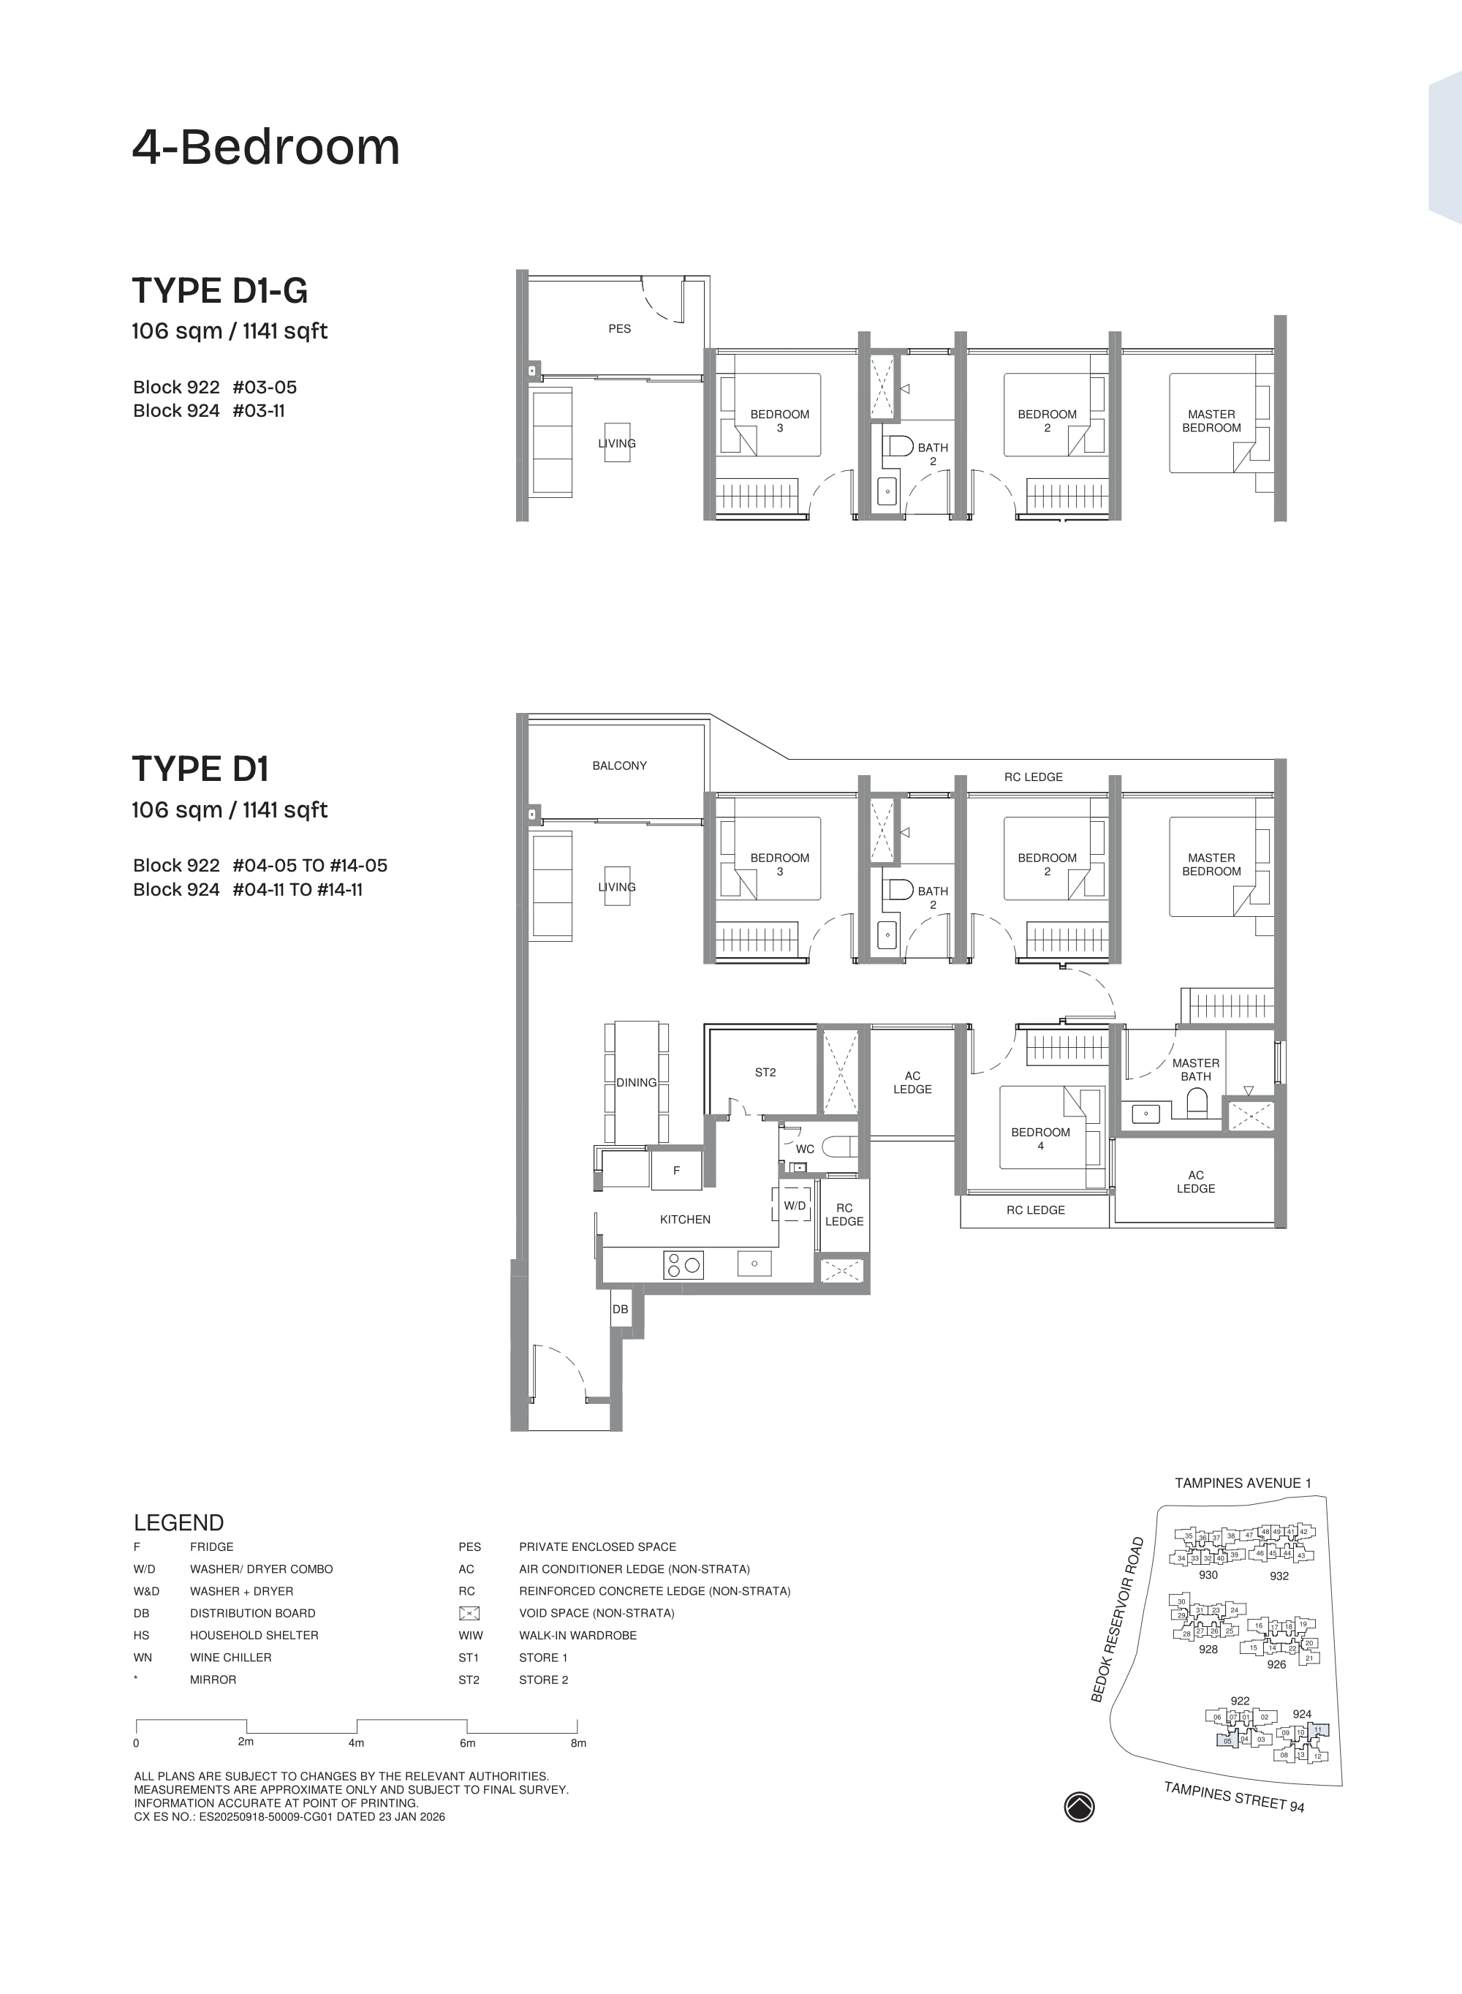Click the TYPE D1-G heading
(219, 291)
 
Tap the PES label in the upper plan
(619, 329)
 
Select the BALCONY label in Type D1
(619, 766)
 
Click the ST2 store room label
(765, 1073)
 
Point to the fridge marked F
(677, 1171)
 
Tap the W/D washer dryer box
(795, 1206)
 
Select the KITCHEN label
(685, 1220)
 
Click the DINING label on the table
(636, 1082)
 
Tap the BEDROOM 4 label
(1041, 1139)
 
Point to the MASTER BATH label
(1196, 1070)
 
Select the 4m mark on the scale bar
(356, 1742)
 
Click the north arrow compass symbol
(1079, 1806)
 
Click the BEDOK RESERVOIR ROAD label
(1118, 1620)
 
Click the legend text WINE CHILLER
(230, 1658)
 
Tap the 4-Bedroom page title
(265, 148)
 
